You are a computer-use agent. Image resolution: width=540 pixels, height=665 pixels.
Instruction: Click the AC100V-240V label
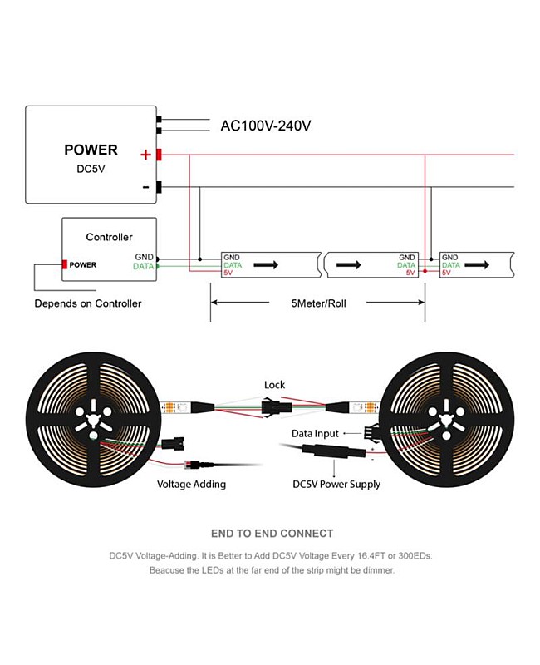[x=266, y=126]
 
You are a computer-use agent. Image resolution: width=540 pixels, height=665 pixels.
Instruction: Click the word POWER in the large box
[x=91, y=150]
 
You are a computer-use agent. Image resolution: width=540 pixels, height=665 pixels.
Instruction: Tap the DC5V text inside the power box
[x=91, y=168]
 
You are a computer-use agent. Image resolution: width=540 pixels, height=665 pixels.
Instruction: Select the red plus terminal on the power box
[x=158, y=154]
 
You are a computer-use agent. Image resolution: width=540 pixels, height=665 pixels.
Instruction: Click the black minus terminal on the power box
[x=158, y=187]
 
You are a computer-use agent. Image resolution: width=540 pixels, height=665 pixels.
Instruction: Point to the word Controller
[x=109, y=237]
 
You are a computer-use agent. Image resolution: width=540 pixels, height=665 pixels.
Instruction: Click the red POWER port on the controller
[x=63, y=265]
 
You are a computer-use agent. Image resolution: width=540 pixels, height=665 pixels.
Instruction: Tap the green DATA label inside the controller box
[x=143, y=267]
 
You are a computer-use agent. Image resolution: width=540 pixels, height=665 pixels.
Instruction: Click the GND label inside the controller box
[x=145, y=258]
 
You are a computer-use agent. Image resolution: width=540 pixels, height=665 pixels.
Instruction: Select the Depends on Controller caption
[x=87, y=303]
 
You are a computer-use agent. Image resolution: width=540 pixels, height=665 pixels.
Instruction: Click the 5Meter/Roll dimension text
[x=319, y=303]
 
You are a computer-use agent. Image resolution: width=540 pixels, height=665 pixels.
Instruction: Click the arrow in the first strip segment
[x=266, y=265]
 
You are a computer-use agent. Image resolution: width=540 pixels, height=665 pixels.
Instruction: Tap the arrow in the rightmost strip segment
[x=477, y=265]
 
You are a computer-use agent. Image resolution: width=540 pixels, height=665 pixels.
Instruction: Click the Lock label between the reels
[x=274, y=385]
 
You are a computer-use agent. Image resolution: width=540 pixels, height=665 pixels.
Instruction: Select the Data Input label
[x=315, y=434]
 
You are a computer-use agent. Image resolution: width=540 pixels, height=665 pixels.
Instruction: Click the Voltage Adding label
[x=191, y=484]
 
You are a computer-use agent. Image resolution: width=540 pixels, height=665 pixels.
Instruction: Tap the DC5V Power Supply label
[x=336, y=484]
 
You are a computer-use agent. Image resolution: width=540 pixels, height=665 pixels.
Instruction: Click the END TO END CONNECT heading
[x=272, y=534]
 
